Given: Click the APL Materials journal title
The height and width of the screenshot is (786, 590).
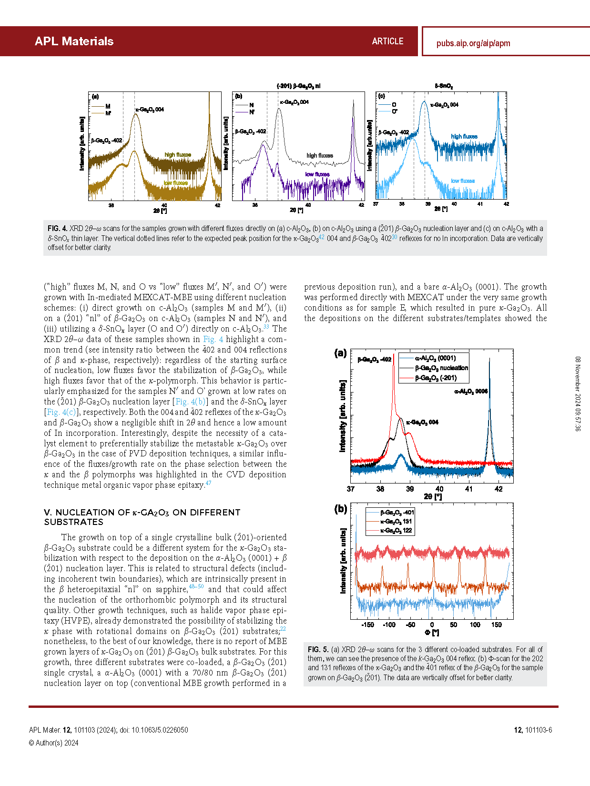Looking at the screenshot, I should point(74,41).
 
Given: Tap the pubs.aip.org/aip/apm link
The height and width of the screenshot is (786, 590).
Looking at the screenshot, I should point(473,43).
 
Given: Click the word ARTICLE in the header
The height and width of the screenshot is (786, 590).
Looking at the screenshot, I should point(387,41).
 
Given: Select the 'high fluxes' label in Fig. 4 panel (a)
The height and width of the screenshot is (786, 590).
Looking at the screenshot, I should point(178,155).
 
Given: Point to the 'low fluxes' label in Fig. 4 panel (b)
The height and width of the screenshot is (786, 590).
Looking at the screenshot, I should point(317,174).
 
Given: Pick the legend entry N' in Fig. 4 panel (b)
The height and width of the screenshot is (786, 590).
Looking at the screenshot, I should point(252,112).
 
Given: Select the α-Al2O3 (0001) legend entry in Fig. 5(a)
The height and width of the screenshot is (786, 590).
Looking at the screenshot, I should point(435,358).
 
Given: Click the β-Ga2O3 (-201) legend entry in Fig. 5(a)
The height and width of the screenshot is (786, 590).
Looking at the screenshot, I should point(436,378).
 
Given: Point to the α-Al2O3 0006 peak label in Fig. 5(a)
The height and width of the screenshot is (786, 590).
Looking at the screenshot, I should point(471,392).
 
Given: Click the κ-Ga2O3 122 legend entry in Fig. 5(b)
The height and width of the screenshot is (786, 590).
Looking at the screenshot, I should point(396,530).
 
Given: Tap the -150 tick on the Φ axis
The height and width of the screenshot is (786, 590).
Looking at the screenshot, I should point(367,625).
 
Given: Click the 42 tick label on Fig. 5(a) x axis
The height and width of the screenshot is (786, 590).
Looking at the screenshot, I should point(498,489).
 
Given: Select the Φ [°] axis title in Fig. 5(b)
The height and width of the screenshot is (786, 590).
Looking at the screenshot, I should point(432,633).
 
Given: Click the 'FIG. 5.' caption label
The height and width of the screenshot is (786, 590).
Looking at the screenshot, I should point(318,649).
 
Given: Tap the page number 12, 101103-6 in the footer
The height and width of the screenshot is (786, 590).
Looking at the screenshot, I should point(532,730).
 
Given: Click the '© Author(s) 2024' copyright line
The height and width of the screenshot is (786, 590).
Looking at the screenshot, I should point(54,743).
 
